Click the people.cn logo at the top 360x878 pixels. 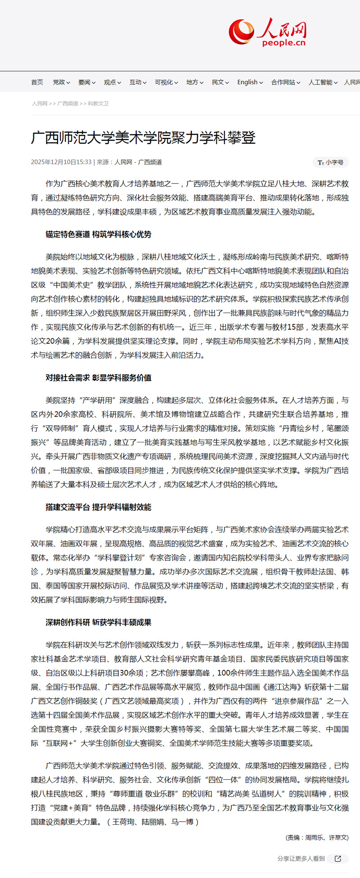pos(268,32)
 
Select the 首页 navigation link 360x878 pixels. pos(37,82)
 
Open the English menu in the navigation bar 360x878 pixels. pos(250,82)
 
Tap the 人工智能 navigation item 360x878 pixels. pos(323,82)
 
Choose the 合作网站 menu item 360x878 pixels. pos(285,82)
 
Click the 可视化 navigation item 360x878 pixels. pos(166,82)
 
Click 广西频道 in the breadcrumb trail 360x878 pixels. pos(68,104)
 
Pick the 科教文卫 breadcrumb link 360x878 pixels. pos(98,104)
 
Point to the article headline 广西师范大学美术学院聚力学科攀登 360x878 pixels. pos(143,137)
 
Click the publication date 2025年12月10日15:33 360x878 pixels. pos(61,162)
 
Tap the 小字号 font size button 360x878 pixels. pos(331,162)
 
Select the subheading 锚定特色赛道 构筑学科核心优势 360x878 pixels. pos(98,234)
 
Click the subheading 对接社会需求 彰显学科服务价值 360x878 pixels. pos(98,378)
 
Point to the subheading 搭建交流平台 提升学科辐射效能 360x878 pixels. pos(98,507)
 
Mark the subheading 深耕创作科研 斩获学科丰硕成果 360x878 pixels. pos(98,623)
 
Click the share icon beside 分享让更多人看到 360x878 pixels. pos(338,859)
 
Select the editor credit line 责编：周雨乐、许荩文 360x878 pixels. pos(317,837)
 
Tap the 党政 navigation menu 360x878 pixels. pos(61,82)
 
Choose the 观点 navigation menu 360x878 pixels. pos(112,82)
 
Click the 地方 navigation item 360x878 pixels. pos(195,82)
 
